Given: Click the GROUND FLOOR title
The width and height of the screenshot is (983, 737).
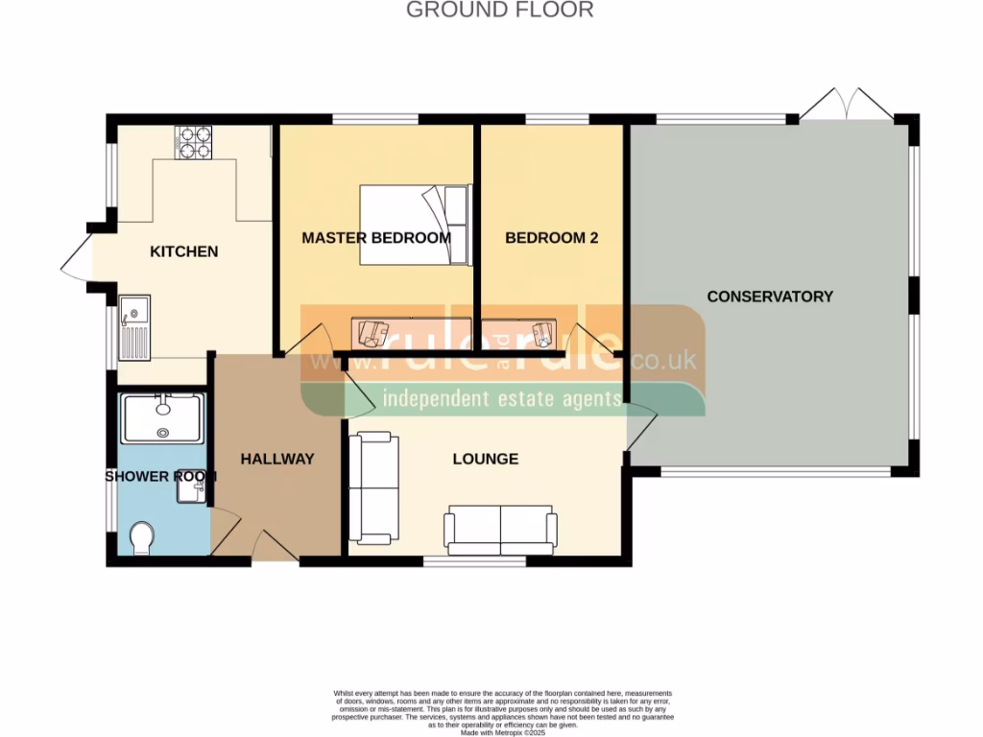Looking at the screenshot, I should point(499,11).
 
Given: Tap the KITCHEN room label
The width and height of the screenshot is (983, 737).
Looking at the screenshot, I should point(184,251).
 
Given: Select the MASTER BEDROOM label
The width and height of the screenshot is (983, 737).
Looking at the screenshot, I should point(376,237).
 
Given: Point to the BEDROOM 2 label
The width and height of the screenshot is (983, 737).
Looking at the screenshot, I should point(552,237).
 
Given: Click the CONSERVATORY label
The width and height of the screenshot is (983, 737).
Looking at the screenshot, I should point(770,297).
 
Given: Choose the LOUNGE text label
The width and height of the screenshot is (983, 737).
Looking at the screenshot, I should point(486,459).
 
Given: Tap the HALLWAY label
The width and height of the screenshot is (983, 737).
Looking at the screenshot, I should point(277,459).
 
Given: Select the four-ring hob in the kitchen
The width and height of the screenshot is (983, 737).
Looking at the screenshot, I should point(193,142).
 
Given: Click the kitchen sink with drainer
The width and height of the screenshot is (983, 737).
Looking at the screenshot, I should point(134,327).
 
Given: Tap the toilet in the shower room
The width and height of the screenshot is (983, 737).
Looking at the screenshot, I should point(140,538).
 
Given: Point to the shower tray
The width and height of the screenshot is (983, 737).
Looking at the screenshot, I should point(162,418).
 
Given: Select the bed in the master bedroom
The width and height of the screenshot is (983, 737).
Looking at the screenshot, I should point(415,225).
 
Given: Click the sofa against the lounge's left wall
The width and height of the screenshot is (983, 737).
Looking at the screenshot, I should point(372,487).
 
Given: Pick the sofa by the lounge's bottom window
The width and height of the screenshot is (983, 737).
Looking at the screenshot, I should point(500,530).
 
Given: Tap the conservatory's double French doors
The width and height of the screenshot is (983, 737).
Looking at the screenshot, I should point(846,106).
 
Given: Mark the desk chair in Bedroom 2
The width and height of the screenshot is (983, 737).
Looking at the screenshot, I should point(543,333).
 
